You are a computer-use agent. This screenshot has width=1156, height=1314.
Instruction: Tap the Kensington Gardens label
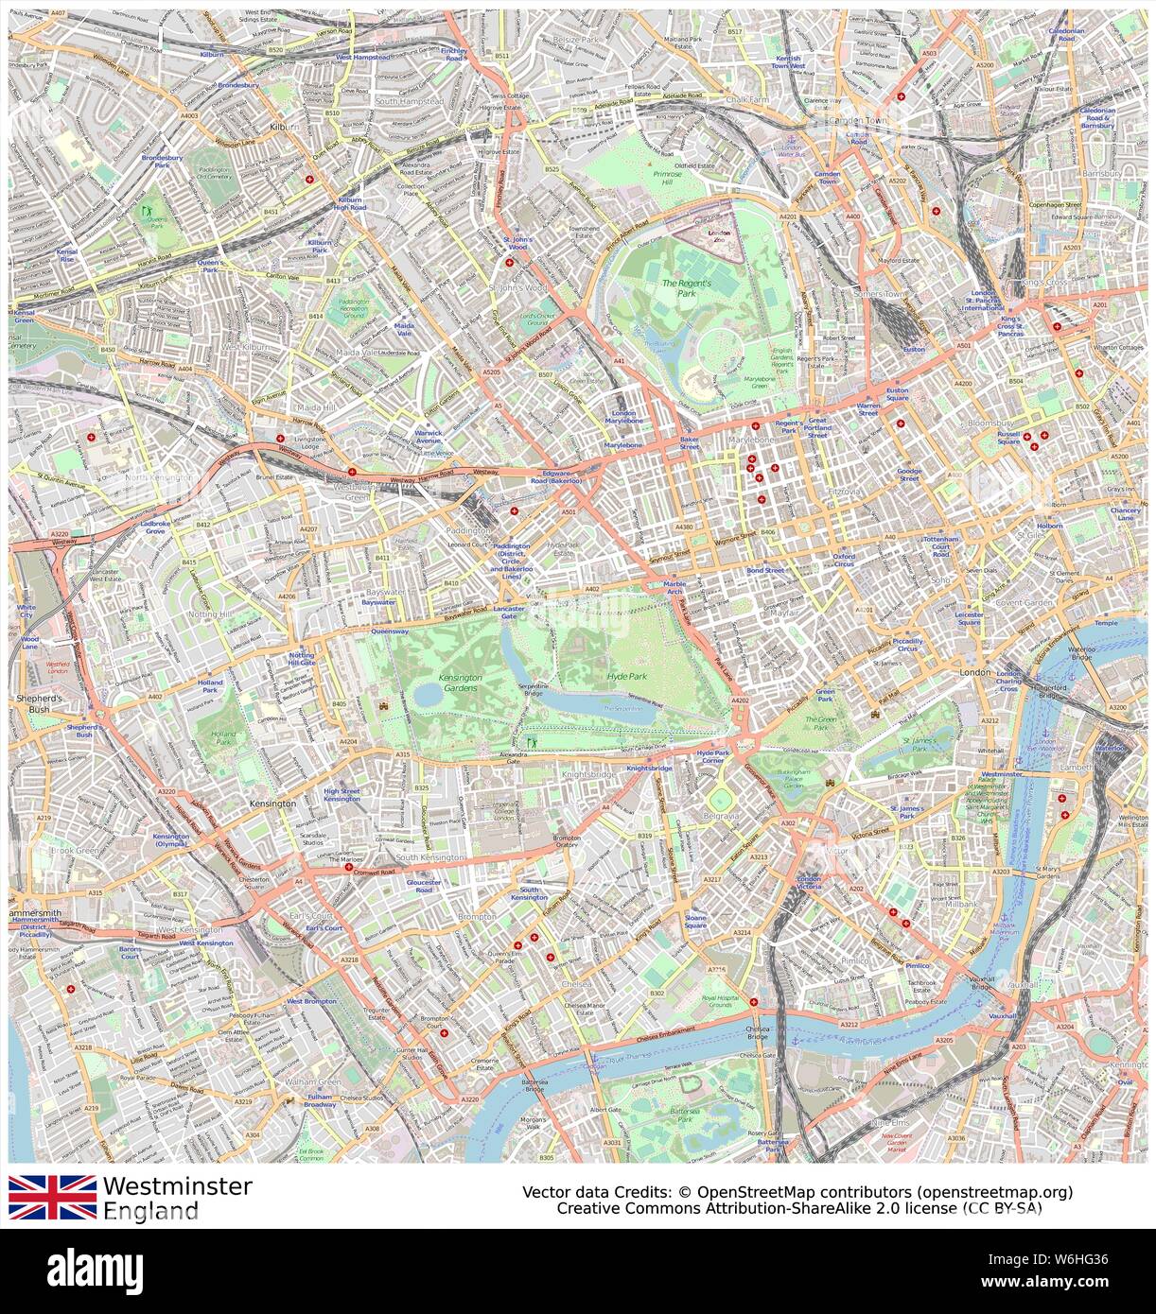point(460,683)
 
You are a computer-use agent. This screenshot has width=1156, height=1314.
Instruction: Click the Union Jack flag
point(52,1197)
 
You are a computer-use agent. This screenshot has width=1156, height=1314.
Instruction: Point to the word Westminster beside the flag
point(177,1186)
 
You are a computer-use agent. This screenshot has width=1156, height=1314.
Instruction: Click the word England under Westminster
point(150,1211)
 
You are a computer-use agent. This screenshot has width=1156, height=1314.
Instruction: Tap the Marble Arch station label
point(674,588)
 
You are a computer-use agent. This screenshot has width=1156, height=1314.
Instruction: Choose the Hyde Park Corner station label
point(711,757)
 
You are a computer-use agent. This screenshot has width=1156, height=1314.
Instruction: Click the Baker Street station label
point(689,442)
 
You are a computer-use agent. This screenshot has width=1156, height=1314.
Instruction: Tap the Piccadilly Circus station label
point(908,646)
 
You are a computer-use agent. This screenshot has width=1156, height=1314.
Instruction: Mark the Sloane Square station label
point(695,922)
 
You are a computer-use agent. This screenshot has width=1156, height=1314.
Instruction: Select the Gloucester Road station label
point(424,886)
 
